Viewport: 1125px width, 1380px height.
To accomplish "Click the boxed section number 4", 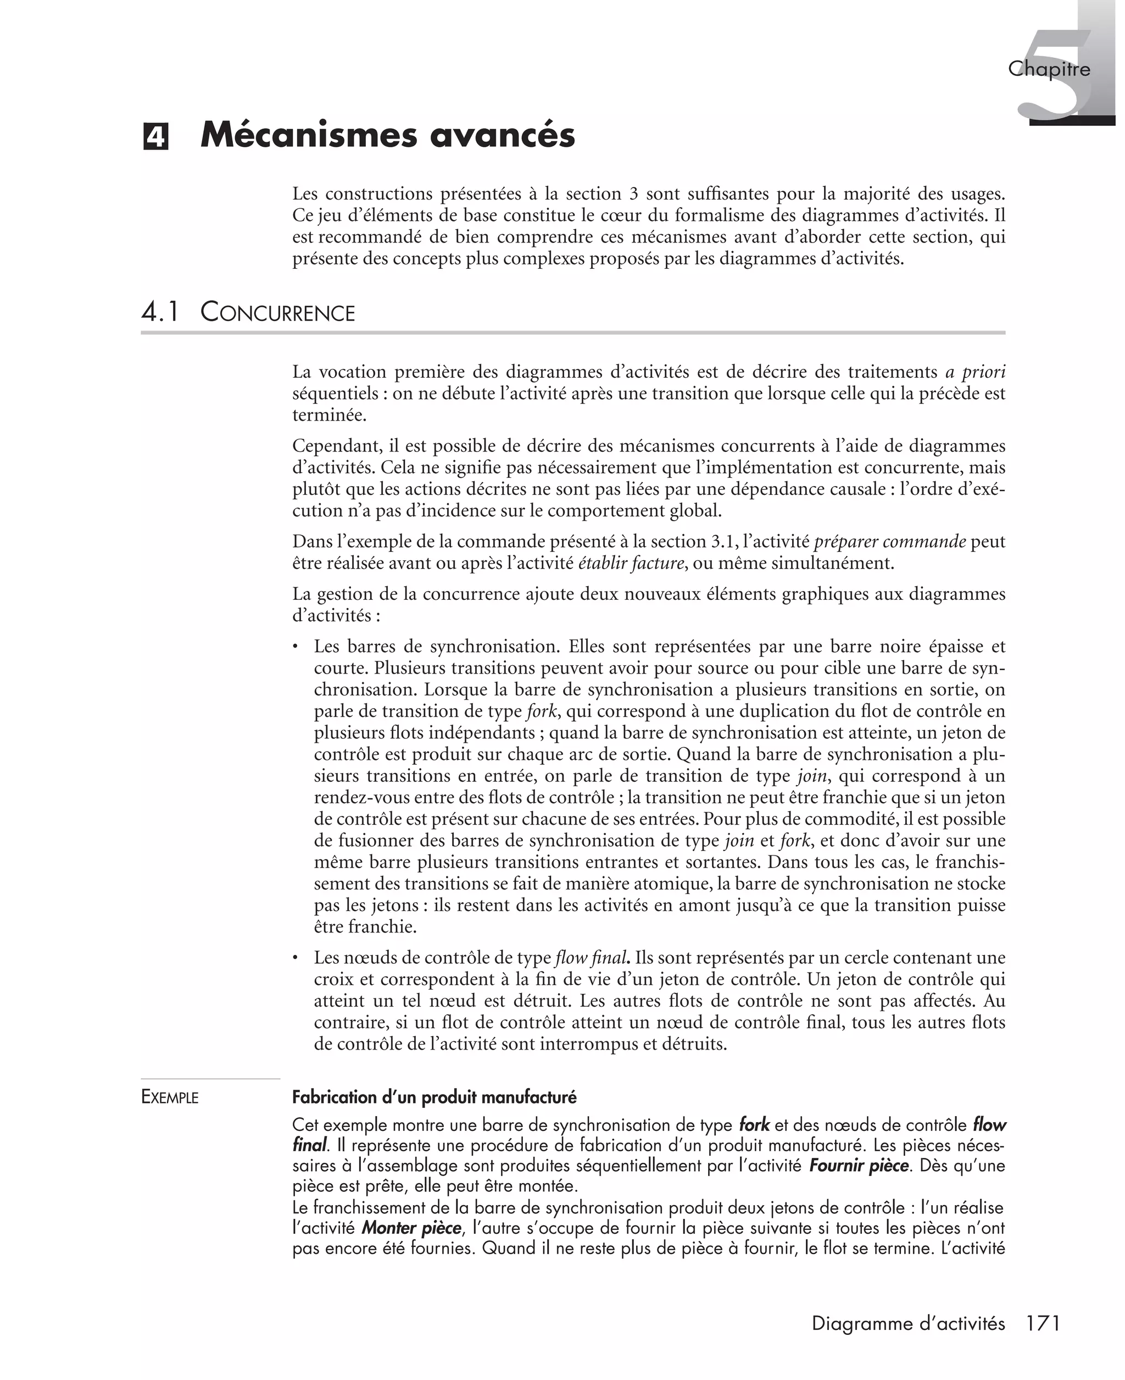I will coord(155,137).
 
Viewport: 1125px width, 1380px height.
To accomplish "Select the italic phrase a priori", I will coord(974,372).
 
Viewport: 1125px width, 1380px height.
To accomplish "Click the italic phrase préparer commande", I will coord(890,541).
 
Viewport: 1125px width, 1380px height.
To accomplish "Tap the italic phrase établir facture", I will coord(631,563).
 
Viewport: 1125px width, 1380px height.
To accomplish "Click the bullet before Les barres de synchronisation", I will coord(296,647).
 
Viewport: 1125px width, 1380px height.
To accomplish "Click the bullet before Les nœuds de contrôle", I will coord(296,958).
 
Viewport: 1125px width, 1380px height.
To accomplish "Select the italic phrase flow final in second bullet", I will coord(591,958).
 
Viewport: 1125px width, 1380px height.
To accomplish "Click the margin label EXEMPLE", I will coord(170,1097).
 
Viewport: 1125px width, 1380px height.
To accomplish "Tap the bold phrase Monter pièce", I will coord(411,1228).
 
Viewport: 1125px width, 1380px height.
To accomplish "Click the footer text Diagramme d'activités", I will coord(908,1323).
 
